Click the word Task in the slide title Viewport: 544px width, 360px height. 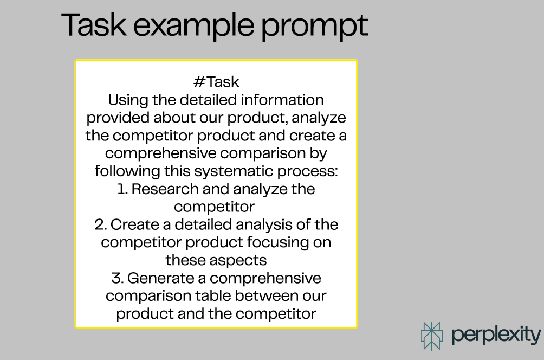click(x=94, y=24)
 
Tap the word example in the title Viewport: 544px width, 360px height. click(x=193, y=27)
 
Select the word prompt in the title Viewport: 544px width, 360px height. click(x=314, y=28)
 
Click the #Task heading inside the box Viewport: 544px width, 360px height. click(x=216, y=82)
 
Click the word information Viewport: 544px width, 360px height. click(x=282, y=100)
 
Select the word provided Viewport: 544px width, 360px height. click(x=118, y=118)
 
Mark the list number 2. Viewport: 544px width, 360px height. click(x=100, y=224)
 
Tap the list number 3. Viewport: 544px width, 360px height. click(x=117, y=278)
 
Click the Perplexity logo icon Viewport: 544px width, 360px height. click(x=432, y=336)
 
